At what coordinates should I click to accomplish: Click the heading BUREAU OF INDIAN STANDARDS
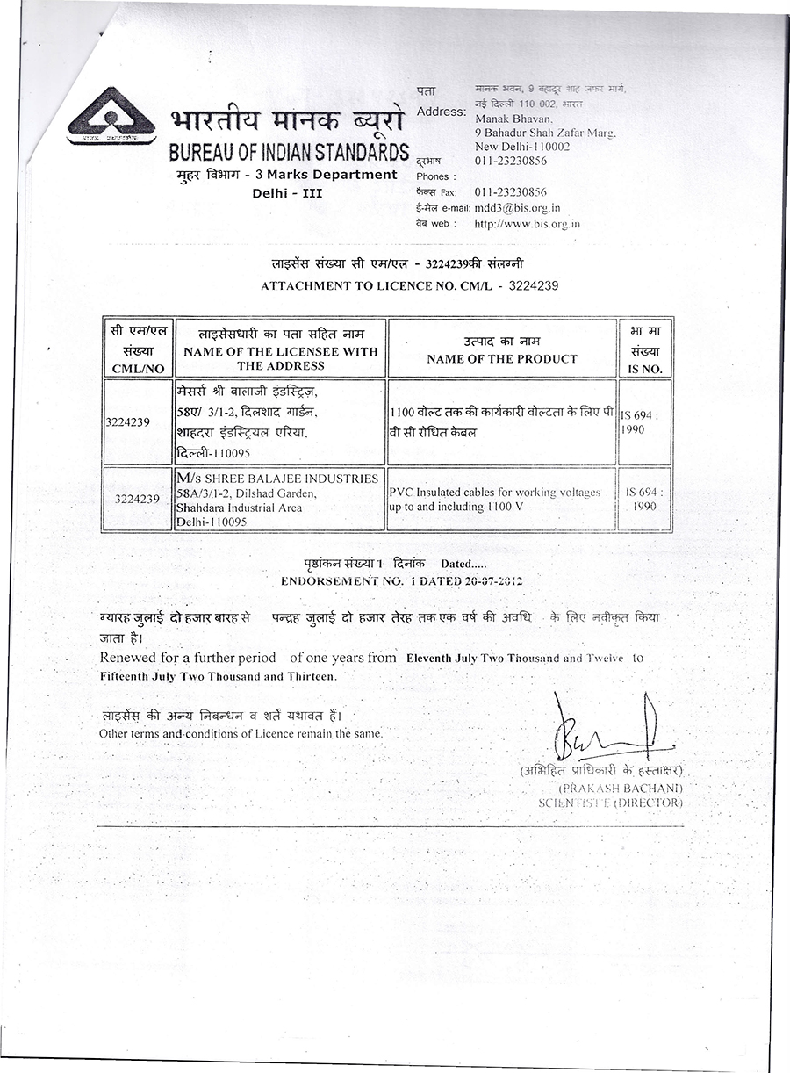click(289, 151)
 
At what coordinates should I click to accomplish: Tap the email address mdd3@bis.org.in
click(517, 208)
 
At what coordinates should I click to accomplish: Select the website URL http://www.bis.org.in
click(527, 224)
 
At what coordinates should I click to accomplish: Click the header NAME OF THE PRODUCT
click(502, 358)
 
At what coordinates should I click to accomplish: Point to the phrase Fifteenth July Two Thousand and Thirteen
click(218, 676)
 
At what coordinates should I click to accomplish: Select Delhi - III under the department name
click(287, 192)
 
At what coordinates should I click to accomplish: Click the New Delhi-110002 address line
click(522, 147)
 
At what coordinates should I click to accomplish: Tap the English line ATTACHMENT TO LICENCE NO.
click(409, 286)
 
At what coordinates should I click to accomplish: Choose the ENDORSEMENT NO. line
click(402, 581)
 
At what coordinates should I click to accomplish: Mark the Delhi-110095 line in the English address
click(212, 522)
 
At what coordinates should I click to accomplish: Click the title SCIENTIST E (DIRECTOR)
click(610, 803)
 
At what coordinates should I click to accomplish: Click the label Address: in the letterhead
click(442, 112)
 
